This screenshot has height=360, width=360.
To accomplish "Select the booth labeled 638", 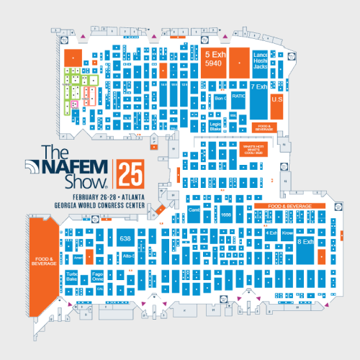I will click(125, 238).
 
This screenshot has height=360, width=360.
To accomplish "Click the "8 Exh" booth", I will click(305, 243).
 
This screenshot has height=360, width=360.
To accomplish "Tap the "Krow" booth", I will click(286, 233).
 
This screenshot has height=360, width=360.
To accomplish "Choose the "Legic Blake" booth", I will click(215, 127).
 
